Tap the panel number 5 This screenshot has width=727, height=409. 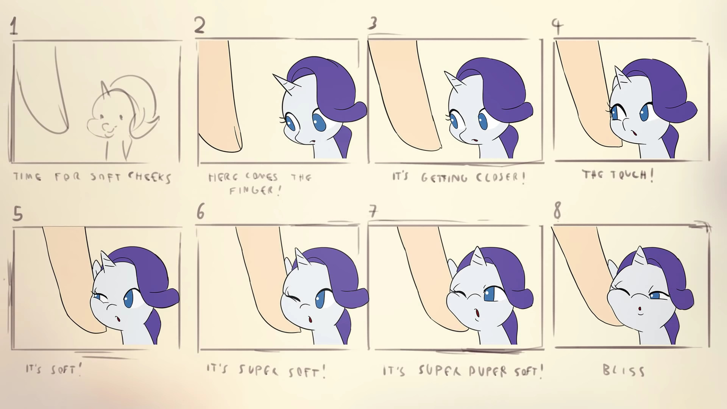(17, 214)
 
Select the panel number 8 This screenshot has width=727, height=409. (557, 211)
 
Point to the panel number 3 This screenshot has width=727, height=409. (373, 23)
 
